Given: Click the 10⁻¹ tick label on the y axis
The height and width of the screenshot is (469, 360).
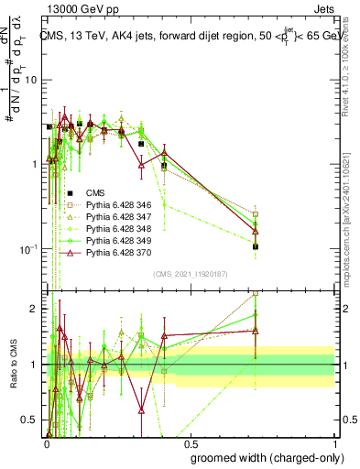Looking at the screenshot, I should [x=29, y=249].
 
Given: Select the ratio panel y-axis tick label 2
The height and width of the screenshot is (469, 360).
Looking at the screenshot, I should [x=37, y=309].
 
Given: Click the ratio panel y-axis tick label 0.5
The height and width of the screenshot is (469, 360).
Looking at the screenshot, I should [x=33, y=420].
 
